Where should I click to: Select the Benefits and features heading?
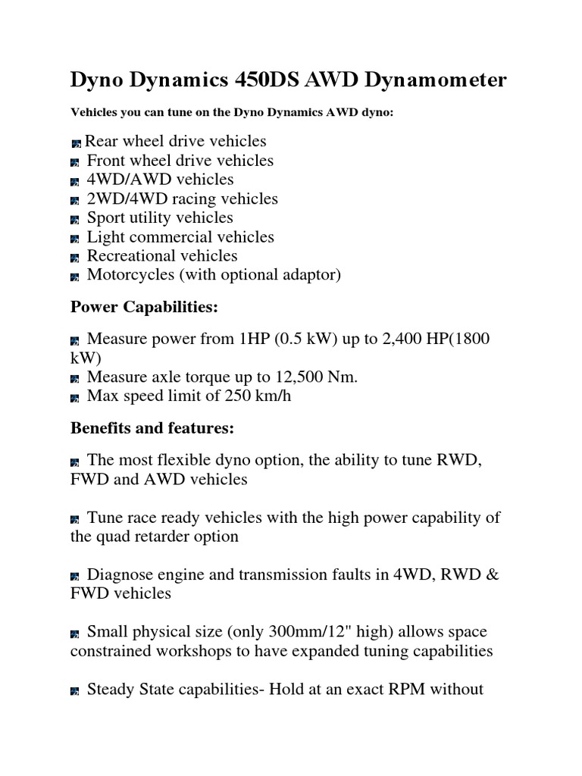152,428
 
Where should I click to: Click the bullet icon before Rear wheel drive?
76,142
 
